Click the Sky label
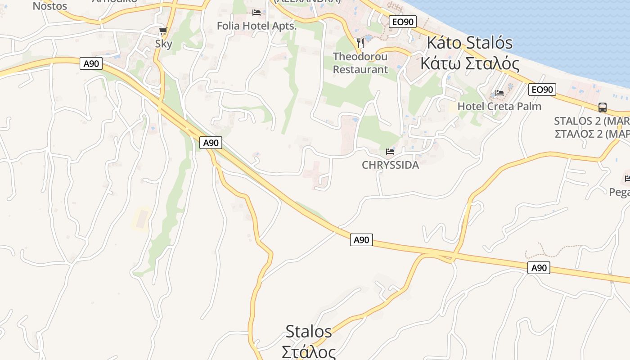(163, 44)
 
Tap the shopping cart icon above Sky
(163, 31)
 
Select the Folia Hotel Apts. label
(256, 26)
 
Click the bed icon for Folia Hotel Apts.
(256, 12)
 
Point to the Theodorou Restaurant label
(360, 63)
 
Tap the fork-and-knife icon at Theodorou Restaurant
(360, 43)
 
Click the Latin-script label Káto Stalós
(469, 43)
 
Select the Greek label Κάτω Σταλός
(469, 63)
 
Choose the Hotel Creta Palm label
(499, 106)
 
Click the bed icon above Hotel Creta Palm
(499, 93)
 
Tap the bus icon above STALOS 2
(602, 108)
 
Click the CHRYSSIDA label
(390, 165)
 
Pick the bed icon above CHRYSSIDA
(390, 152)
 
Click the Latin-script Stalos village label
(309, 332)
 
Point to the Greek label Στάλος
(309, 351)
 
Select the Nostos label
(50, 6)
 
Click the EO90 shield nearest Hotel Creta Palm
(542, 90)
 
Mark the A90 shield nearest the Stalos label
(361, 240)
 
